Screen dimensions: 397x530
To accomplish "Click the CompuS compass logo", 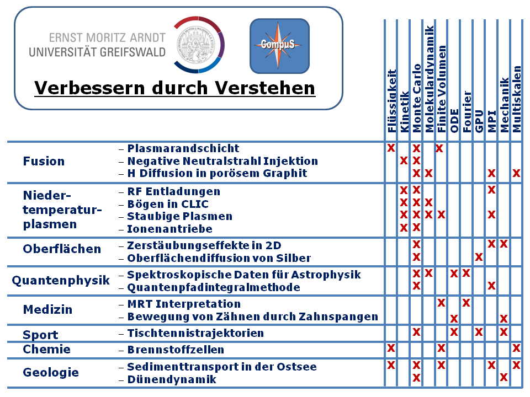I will [279, 46].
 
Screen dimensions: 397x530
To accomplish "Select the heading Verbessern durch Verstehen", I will [174, 88].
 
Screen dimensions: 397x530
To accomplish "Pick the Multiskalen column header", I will [516, 99].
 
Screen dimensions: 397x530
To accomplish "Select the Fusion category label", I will [44, 161].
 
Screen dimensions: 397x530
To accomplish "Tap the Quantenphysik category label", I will [61, 280].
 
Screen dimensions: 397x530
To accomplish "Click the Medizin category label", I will [47, 309].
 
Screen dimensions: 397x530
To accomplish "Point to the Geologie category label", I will [51, 372].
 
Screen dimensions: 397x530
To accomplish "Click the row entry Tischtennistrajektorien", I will [195, 333].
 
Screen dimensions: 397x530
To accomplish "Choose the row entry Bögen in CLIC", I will [168, 204].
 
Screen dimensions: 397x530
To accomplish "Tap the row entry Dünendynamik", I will [172, 379].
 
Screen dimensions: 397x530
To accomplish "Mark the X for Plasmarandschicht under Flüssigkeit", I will [391, 148].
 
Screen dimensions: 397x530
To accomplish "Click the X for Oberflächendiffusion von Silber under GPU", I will [479, 257].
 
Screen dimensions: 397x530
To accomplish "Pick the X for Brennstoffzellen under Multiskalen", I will [516, 348].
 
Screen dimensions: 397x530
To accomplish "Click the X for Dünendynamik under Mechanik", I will [504, 377].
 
